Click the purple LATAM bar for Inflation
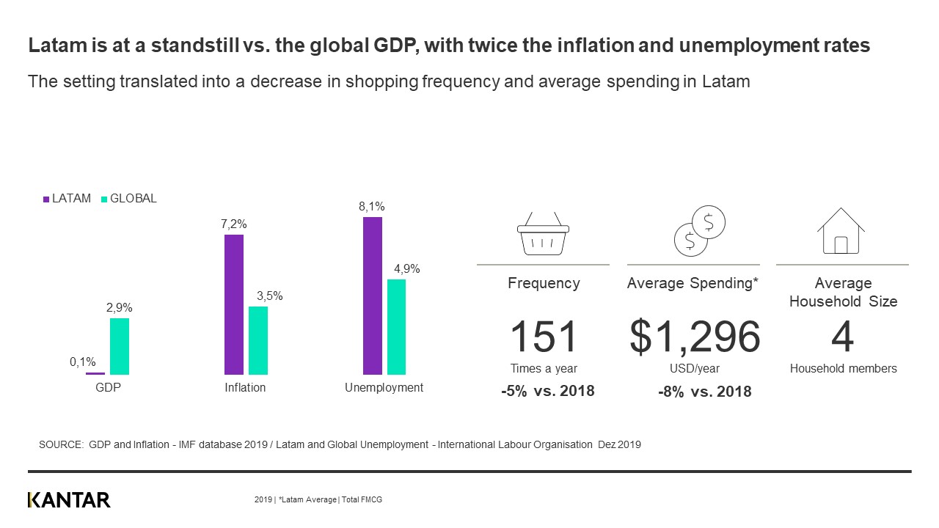(234, 304)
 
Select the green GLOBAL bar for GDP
(120, 346)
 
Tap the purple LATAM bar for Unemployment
(373, 296)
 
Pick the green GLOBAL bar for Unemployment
(396, 326)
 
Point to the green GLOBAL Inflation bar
(258, 340)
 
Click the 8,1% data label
(372, 208)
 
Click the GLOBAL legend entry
(128, 199)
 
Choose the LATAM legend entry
(68, 199)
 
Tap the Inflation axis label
(245, 388)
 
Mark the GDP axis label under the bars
(108, 388)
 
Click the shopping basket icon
(543, 232)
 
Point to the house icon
(841, 230)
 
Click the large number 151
(543, 337)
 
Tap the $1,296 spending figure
(695, 337)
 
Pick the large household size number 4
(843, 337)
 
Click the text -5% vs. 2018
(547, 391)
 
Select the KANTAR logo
(69, 500)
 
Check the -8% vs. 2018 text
(704, 392)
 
